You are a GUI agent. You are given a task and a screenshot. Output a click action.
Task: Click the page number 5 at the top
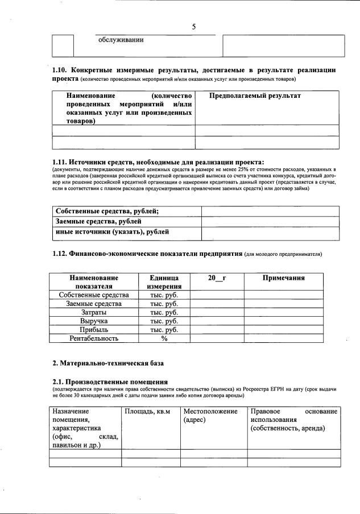point(194,27)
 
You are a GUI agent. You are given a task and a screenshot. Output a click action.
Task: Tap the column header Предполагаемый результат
point(254,96)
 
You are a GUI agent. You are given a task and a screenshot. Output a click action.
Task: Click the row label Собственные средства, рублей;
point(106,212)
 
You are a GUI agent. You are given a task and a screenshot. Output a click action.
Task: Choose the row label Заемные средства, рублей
point(98,222)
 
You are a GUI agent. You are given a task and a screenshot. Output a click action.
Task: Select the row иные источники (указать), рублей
point(112,232)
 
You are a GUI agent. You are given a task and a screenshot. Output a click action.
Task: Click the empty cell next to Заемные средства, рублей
point(270,222)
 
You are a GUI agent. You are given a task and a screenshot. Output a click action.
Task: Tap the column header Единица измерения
point(164,283)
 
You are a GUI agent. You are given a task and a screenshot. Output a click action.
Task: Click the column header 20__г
point(217,278)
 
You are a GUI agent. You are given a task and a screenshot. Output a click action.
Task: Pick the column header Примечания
point(283,278)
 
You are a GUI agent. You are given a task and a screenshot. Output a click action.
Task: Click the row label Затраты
point(94,312)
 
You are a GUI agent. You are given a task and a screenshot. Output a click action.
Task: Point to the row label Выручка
point(94,321)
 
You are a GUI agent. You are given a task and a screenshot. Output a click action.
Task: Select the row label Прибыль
point(94,329)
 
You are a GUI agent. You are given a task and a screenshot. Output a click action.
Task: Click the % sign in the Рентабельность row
point(164,338)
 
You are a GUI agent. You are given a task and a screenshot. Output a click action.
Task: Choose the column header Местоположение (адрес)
point(210,415)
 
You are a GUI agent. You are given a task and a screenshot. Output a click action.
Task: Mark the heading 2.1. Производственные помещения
point(110,381)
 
